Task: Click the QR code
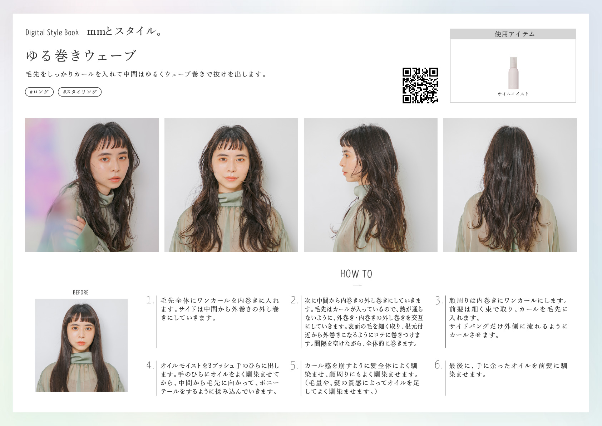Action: [420, 85]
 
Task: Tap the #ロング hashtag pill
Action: [39, 92]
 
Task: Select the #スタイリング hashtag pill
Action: [80, 92]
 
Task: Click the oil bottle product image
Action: [513, 73]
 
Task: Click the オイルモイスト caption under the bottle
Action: [513, 94]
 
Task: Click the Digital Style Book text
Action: [52, 33]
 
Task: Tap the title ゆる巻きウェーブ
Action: [81, 56]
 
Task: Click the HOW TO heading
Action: [356, 274]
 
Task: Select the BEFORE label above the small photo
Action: [81, 293]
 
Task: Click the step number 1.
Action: [150, 300]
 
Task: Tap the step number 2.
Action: [294, 300]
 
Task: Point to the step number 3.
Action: [439, 300]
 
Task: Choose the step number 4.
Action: [150, 365]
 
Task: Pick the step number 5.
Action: [294, 366]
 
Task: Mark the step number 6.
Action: [439, 365]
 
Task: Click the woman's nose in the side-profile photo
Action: [341, 163]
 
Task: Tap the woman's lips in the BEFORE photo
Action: [81, 343]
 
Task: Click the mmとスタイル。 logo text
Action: [124, 31]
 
